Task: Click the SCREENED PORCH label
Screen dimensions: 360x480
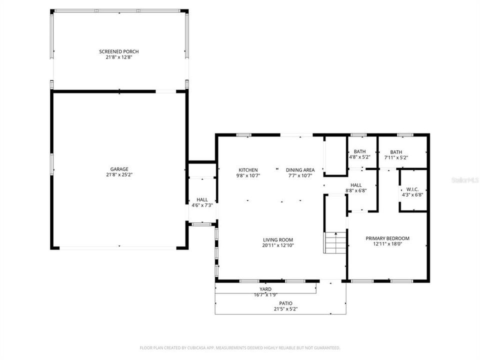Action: [119, 51]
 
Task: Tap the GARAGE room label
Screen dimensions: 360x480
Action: [119, 169]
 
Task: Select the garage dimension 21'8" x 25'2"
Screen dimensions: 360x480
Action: [119, 175]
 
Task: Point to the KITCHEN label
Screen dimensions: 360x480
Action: [248, 170]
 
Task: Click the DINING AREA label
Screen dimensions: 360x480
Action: [300, 170]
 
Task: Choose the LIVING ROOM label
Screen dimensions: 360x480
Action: [277, 239]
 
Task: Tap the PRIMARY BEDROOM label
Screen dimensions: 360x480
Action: [387, 238]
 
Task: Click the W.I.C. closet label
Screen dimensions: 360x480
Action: [412, 189]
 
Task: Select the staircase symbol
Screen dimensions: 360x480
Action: [335, 242]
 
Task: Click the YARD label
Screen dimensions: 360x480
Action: [265, 289]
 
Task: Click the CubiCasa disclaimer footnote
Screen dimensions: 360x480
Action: [240, 347]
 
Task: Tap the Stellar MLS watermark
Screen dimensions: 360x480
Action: [464, 178]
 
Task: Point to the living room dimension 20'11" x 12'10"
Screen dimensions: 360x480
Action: [277, 245]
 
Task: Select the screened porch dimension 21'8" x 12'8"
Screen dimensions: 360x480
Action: [119, 57]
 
